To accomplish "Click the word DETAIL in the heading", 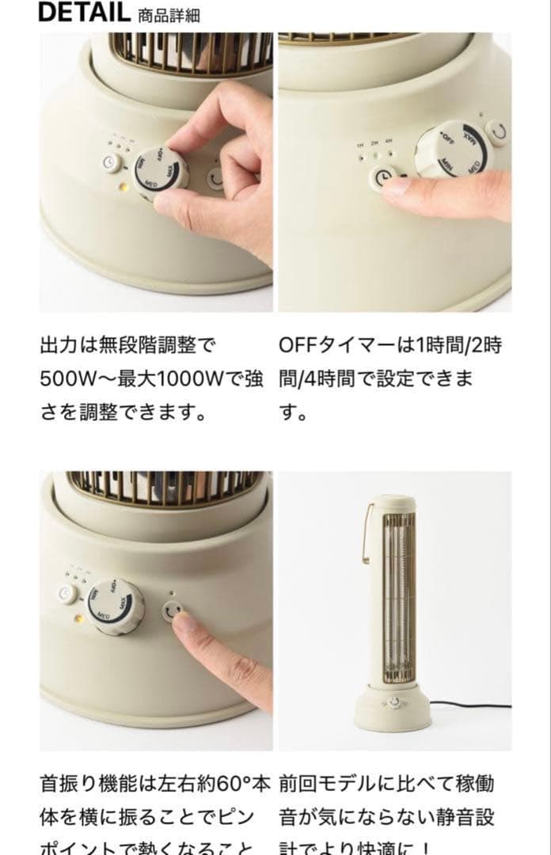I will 84,12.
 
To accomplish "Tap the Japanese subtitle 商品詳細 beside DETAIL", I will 169,15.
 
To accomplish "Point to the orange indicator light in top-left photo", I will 123,188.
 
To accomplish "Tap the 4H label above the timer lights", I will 388,142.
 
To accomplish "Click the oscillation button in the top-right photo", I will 496,131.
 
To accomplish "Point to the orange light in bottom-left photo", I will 78,617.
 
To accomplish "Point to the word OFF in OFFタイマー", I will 298,346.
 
